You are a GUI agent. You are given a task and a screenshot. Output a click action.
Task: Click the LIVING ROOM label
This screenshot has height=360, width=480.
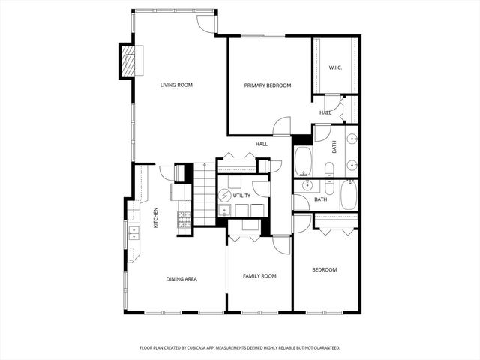pos(176,85)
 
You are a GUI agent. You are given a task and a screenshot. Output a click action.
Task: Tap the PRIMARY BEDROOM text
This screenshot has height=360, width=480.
pos(268,85)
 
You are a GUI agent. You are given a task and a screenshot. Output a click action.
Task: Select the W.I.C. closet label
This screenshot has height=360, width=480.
pos(335,68)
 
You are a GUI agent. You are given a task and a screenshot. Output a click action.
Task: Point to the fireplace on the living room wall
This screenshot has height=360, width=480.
pos(128,61)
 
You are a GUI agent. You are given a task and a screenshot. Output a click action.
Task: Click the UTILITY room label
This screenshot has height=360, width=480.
pos(241,196)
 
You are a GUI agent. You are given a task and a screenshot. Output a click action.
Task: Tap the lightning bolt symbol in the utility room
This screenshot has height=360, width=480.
pos(224,196)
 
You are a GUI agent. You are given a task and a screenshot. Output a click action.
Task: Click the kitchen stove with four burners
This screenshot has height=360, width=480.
pos(184,218)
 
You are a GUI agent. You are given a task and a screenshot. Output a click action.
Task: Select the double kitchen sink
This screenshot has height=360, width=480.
pos(134,232)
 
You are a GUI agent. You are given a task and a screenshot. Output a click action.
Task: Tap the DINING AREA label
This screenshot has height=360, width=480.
pos(181,279)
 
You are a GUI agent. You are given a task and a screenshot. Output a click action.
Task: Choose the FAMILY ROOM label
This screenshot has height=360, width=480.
pos(259,276)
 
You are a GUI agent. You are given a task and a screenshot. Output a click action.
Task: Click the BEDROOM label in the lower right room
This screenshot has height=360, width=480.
pos(325,269)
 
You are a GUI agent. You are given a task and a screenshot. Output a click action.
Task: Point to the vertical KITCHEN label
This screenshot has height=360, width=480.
pos(155,217)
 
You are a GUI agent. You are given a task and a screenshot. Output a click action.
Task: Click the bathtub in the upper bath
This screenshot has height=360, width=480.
pos(303,160)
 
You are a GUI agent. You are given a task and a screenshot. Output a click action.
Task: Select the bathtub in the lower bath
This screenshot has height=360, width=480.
pos(349,195)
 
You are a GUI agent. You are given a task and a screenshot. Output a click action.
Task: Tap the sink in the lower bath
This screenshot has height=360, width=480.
pos(307,185)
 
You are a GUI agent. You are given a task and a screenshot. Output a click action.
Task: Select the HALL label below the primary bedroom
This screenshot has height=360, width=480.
pos(262,144)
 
